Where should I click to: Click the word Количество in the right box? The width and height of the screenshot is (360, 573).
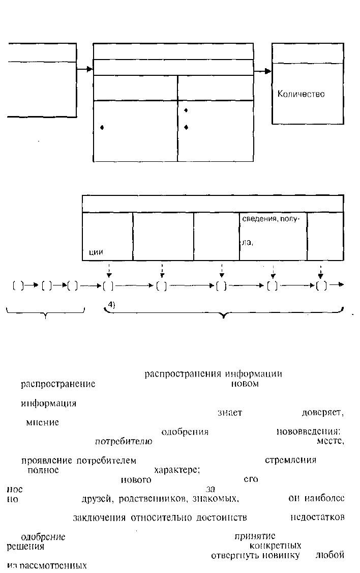coord(301,94)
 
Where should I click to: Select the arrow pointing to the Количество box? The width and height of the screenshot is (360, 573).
coord(262,71)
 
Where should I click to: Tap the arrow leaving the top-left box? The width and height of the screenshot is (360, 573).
coord(84,69)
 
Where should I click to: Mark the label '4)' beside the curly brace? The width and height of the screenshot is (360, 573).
coord(112,304)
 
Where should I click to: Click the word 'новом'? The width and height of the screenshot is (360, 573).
coord(245,384)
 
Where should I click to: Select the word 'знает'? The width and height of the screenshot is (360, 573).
coord(229,413)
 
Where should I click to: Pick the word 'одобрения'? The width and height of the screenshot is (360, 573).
coord(185,432)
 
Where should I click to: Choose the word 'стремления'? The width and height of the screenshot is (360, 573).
coord(291,461)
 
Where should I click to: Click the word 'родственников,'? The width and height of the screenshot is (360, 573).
coord(148,499)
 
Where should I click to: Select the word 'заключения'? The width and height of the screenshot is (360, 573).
coord(100,518)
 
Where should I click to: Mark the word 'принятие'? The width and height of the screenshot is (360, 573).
coord(255,536)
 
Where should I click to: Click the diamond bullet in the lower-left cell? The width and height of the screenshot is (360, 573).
coord(102,128)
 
